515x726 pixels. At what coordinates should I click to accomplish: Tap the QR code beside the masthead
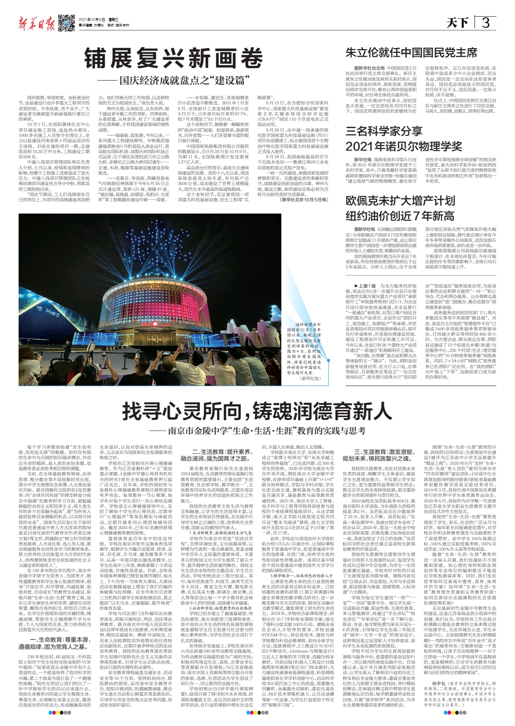point(67,22)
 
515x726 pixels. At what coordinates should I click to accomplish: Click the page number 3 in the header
point(486,22)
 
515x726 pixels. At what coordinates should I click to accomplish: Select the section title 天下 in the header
point(457,23)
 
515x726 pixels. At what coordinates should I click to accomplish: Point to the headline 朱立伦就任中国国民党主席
point(411,52)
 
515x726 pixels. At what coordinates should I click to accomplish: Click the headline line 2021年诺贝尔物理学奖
point(404,146)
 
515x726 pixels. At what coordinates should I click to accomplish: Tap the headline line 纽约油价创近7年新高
point(400,216)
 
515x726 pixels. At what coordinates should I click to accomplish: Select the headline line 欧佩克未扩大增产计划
point(400,201)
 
